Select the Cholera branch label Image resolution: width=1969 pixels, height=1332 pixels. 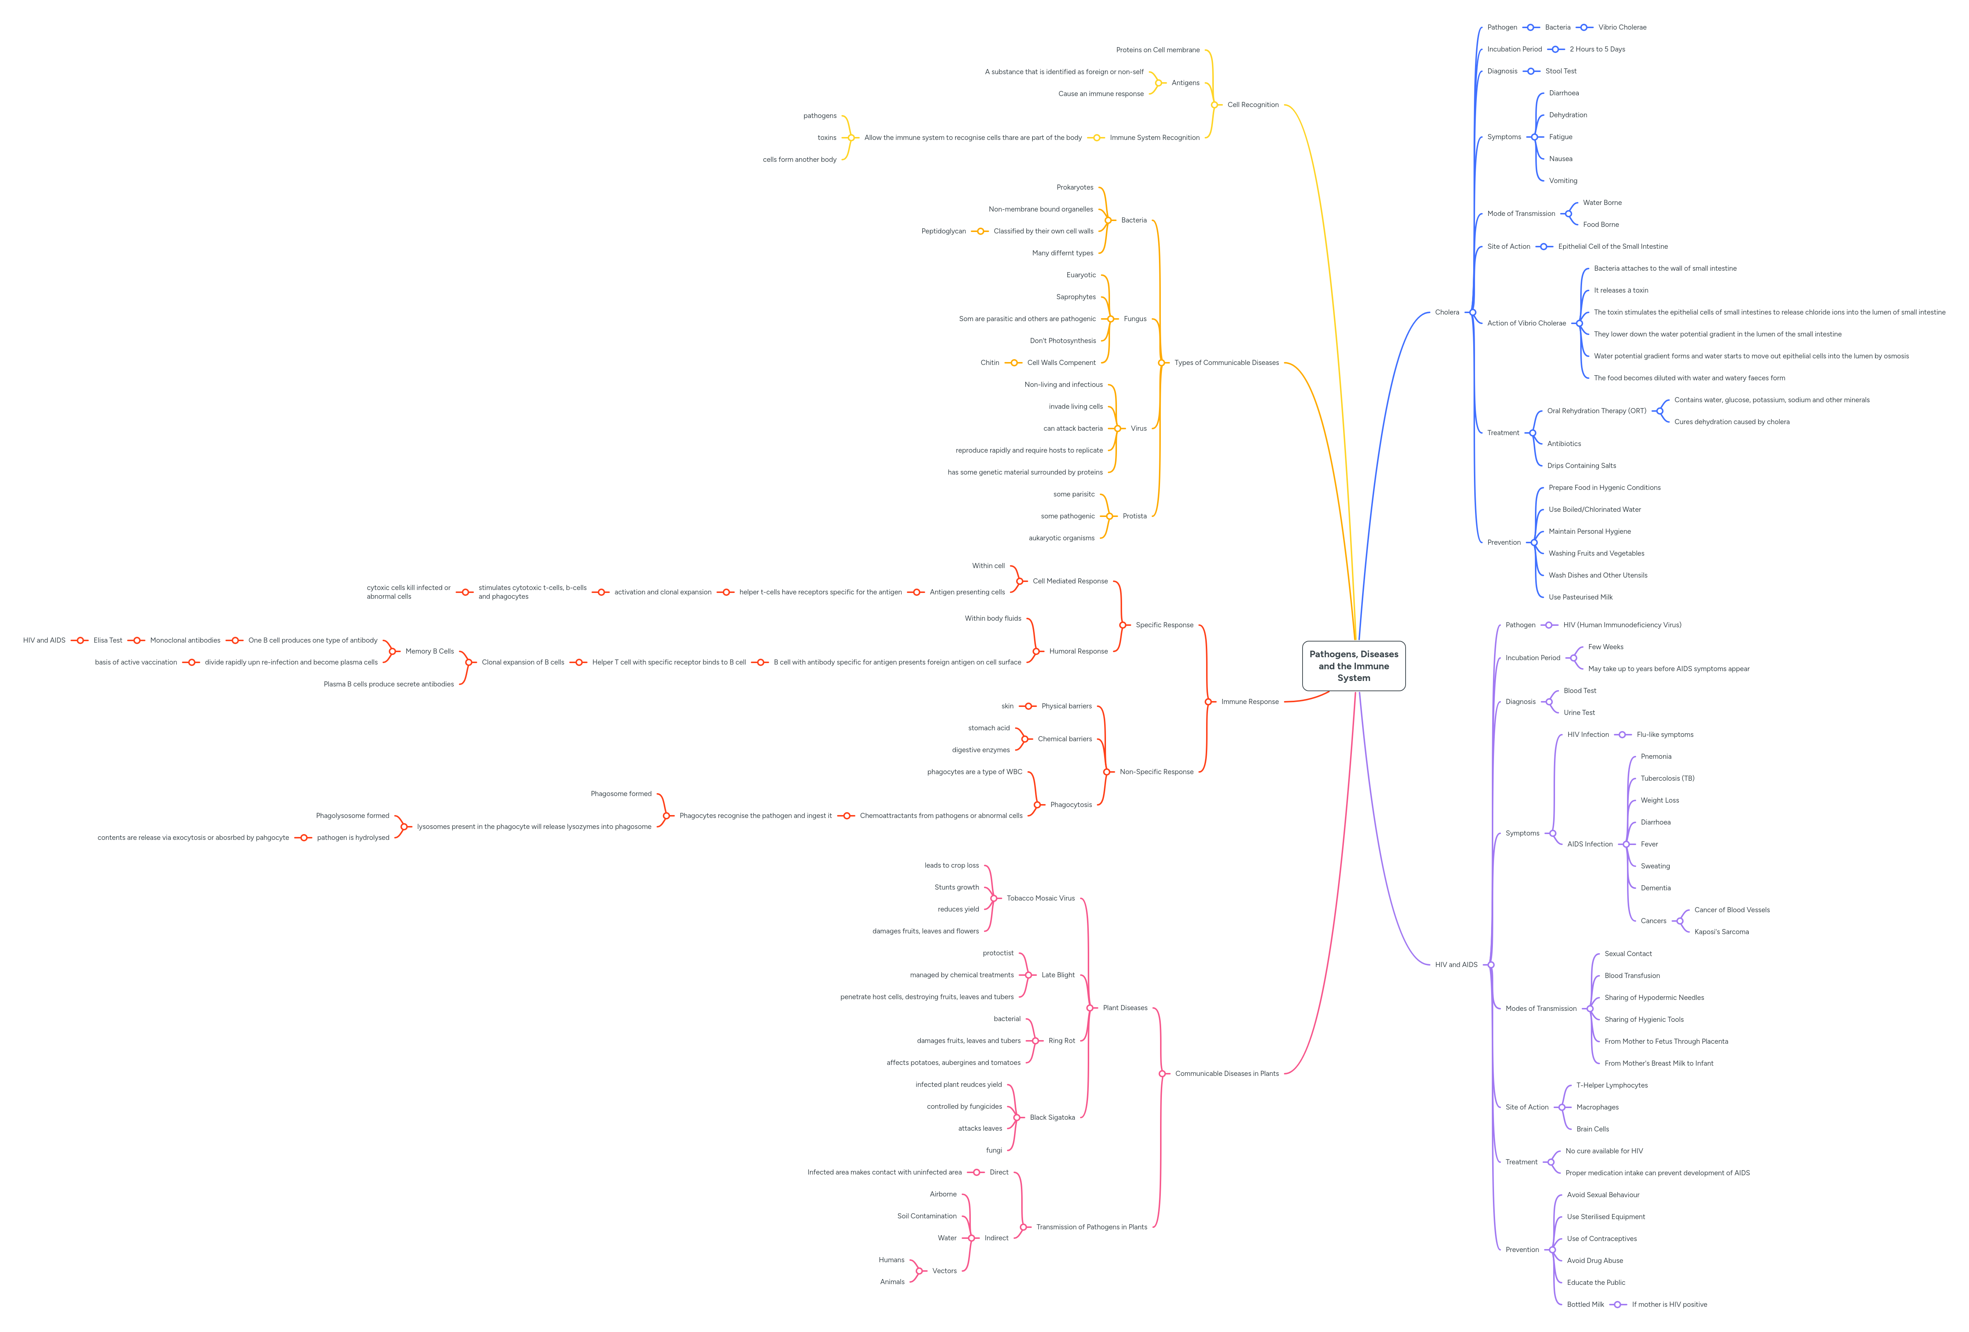pos(1447,313)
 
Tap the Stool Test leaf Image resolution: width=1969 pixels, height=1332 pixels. pos(1561,71)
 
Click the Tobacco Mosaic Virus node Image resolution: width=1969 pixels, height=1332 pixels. pos(1041,898)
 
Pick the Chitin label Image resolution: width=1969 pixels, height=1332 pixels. pos(989,363)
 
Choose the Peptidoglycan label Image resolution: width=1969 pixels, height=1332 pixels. pos(943,231)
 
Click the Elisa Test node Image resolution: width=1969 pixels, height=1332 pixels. pos(107,640)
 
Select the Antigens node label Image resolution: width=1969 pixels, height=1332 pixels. pos(1185,83)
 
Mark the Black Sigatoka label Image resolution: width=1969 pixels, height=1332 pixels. pos(1052,1118)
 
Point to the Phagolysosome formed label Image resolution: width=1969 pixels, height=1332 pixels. pos(353,816)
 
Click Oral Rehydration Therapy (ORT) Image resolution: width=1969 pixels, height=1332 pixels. pos(1596,411)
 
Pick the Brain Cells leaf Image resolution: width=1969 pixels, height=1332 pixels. pos(1592,1130)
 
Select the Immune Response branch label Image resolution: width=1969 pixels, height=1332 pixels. pos(1250,701)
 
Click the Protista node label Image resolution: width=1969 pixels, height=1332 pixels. pos(1134,516)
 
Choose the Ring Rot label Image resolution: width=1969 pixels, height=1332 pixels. pos(1062,1040)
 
